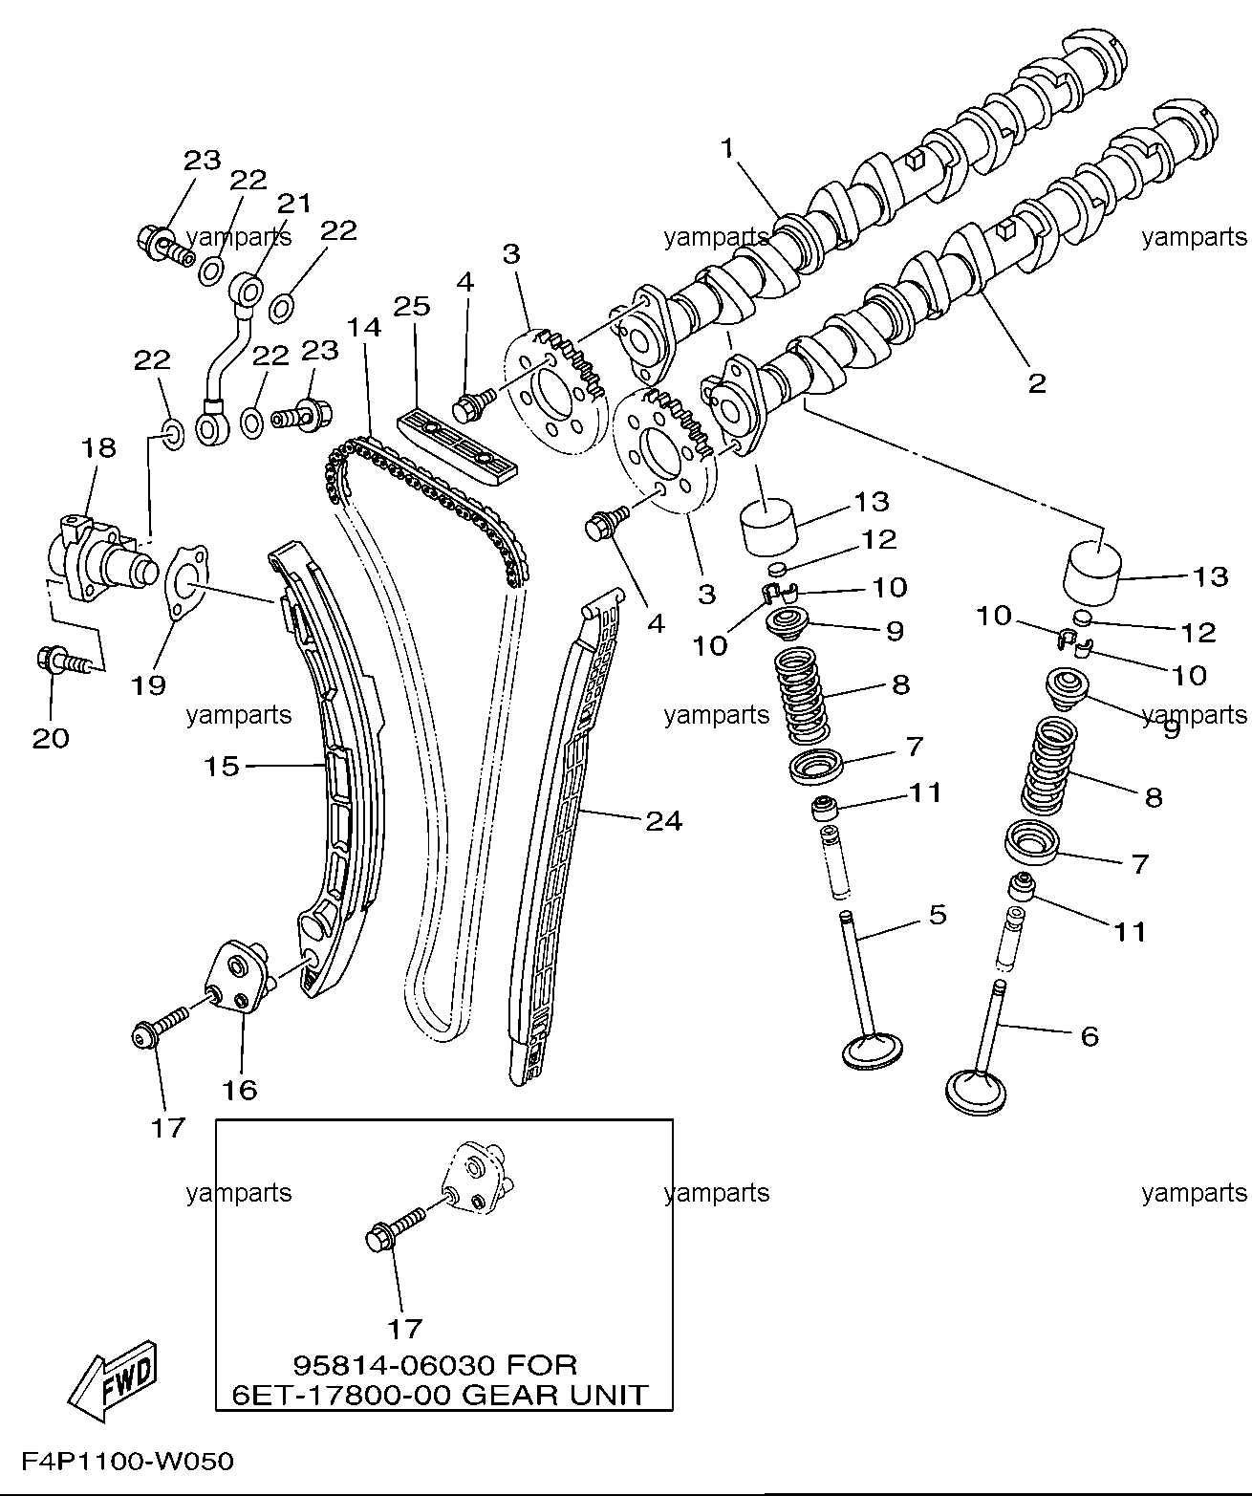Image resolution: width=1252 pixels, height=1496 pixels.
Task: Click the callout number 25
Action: coord(412,307)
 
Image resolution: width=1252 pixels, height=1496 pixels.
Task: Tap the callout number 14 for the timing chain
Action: coord(364,328)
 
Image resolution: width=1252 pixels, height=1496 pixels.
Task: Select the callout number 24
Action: coord(664,821)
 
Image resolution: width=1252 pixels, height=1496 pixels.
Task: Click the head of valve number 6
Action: coord(976,1093)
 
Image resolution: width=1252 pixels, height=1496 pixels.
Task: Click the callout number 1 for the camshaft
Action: coord(727,148)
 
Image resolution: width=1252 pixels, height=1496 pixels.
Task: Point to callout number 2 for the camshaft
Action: coord(1036,382)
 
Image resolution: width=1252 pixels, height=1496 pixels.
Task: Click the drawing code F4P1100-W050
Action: coord(127,1462)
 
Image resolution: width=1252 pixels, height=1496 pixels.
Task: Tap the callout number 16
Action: coord(239,1090)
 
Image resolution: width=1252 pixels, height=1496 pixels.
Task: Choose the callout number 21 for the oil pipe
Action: coord(294,204)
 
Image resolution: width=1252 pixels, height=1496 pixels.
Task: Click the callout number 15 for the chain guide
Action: coord(222,766)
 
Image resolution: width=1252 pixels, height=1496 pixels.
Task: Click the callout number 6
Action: coord(1090,1036)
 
